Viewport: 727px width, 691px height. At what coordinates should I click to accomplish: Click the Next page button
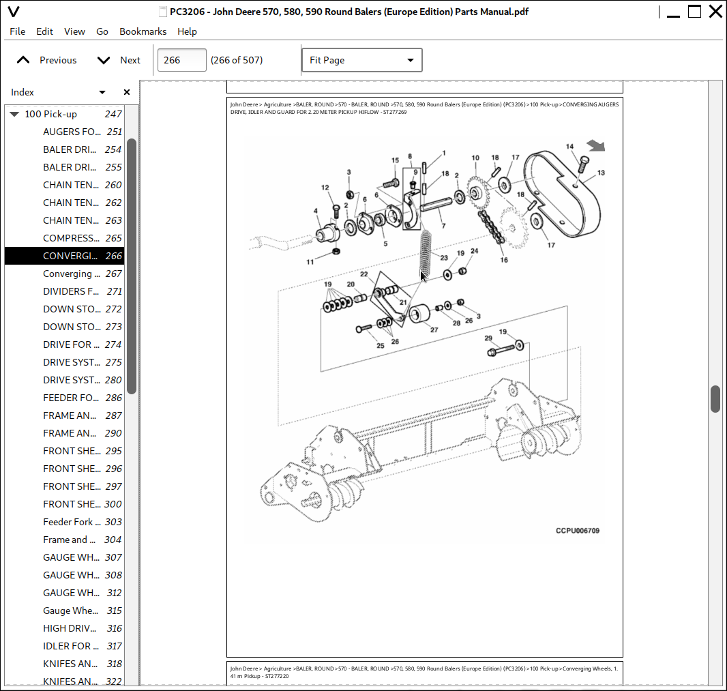coord(119,60)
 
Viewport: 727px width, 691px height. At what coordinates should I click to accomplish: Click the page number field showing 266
coord(181,60)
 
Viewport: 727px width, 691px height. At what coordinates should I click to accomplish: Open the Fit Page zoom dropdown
coord(361,60)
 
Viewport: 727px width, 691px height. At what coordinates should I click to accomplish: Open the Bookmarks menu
coord(143,31)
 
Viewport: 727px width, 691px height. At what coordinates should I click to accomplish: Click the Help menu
coord(187,31)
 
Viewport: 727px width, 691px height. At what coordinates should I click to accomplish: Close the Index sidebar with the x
coord(126,92)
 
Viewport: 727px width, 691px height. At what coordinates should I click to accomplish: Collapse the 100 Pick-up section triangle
coord(14,115)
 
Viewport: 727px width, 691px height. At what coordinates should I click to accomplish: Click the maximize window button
coord(694,12)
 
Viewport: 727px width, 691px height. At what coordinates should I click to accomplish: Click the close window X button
coord(715,12)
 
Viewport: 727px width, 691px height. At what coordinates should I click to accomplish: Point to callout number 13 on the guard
coord(601,173)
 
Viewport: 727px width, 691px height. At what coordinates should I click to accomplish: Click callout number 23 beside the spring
coord(444,259)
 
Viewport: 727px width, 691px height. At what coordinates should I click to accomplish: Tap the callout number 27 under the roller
coord(434,329)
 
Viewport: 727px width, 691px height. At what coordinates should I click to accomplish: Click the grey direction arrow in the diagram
coord(596,145)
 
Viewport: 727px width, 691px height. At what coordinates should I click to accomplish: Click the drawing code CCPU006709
coord(578,531)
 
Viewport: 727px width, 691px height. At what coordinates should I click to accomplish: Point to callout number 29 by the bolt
coord(488,338)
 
